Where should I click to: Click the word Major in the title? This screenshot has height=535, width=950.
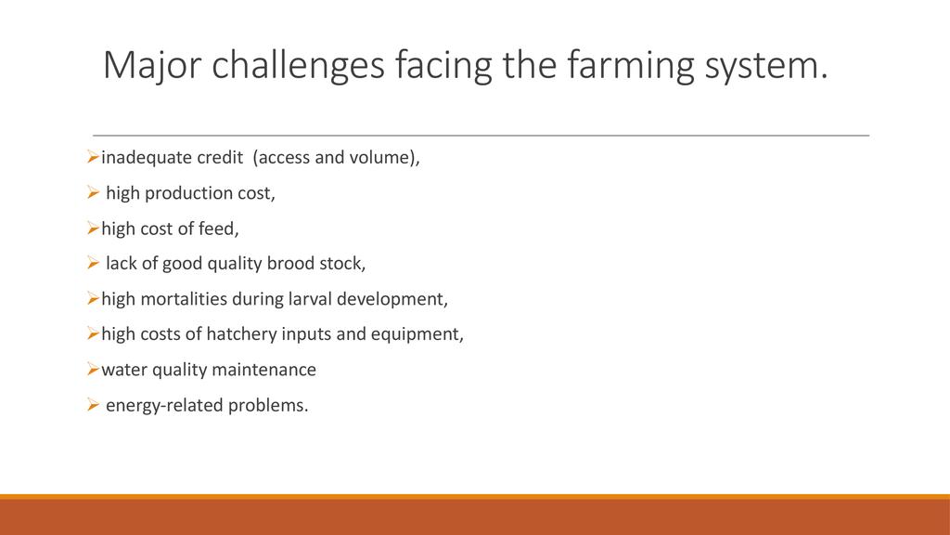coord(151,66)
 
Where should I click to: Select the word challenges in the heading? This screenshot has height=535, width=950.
coord(298,66)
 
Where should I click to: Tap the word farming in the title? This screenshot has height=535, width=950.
coord(630,66)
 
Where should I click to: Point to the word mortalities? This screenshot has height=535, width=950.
coord(184,299)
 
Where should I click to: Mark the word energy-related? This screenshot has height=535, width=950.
coord(164,405)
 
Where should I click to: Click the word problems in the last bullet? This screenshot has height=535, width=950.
coord(265,405)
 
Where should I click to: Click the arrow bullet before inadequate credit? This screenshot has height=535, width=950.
coord(93,158)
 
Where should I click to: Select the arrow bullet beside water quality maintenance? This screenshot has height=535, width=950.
coord(93,370)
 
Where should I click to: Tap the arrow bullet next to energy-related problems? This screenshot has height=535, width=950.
coord(93,405)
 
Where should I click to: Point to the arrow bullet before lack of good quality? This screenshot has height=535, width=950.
coord(93,263)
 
